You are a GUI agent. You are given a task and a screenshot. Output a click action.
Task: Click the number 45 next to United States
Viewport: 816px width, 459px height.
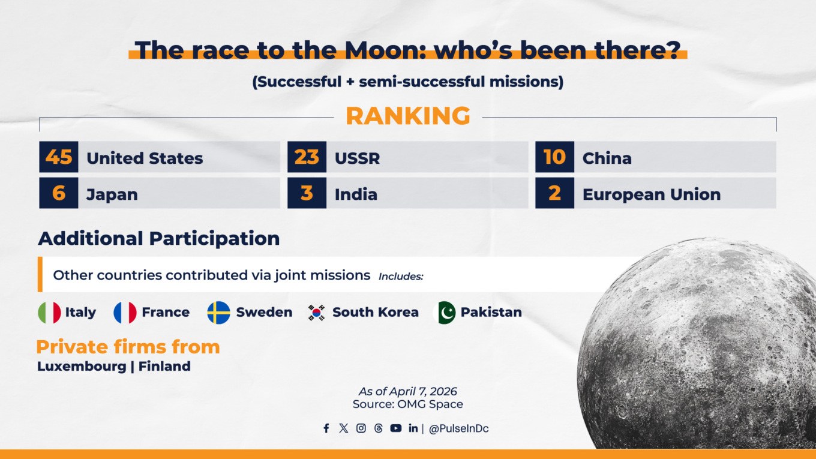tap(59, 157)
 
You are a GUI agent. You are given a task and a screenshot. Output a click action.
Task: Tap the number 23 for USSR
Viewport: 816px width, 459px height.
tap(307, 157)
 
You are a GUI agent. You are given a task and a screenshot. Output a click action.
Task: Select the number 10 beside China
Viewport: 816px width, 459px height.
tap(554, 157)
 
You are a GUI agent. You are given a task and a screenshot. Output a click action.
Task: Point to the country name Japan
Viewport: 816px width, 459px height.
tap(112, 194)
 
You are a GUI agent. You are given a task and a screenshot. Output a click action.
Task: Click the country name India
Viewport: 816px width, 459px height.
tap(356, 194)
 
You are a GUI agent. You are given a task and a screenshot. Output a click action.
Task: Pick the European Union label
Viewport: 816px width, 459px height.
tap(652, 194)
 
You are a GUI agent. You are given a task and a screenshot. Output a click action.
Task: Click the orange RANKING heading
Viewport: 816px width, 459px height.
tap(408, 116)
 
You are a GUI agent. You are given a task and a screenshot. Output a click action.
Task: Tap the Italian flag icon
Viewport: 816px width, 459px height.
tap(49, 313)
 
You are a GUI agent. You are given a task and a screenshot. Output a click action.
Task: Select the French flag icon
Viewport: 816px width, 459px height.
tap(125, 313)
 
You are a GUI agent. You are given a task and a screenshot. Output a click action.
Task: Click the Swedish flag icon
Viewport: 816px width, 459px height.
tap(218, 313)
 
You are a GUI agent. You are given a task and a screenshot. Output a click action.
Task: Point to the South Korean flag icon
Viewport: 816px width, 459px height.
tap(317, 313)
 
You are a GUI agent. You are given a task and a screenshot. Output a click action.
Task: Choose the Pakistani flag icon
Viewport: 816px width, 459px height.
tap(445, 313)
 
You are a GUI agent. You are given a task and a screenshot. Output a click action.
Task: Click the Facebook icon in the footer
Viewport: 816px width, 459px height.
tap(326, 428)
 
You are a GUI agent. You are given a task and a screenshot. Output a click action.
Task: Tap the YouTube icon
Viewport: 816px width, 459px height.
tap(395, 428)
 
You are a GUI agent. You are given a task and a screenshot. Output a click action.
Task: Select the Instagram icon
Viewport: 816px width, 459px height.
tap(361, 428)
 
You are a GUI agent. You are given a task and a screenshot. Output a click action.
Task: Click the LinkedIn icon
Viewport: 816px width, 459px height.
tap(413, 428)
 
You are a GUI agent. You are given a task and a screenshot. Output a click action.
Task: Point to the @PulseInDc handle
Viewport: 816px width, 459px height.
tap(458, 429)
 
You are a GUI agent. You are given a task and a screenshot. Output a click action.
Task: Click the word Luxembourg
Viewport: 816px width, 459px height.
tap(82, 366)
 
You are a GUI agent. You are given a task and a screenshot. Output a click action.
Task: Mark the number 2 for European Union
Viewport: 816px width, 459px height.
tap(554, 193)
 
